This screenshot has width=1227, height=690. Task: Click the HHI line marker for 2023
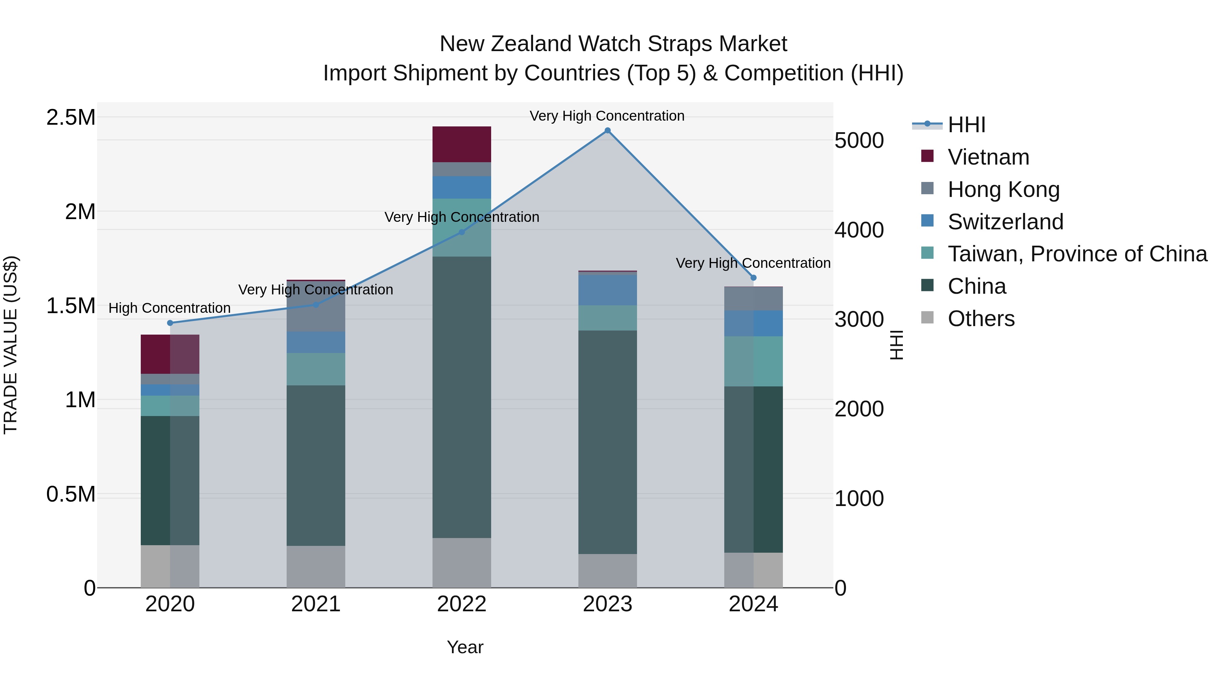[x=607, y=131]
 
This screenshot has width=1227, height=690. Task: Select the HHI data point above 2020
[x=170, y=323]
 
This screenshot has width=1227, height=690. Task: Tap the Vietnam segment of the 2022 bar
[x=461, y=144]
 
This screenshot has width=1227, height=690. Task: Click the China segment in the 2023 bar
[x=607, y=442]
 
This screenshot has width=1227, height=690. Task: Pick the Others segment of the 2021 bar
[x=316, y=566]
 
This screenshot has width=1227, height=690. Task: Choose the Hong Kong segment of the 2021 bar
[x=316, y=306]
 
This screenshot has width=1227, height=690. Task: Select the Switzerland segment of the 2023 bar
[x=607, y=290]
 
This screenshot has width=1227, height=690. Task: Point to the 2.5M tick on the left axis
[x=71, y=118]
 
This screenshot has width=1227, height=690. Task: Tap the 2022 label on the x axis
[x=461, y=604]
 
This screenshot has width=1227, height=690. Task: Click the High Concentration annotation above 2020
[x=170, y=308]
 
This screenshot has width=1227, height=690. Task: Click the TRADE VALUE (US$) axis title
[x=11, y=345]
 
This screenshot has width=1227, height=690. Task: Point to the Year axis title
[x=465, y=647]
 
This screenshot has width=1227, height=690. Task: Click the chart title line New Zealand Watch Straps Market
[x=613, y=44]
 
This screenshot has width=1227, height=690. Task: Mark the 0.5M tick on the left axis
[x=71, y=495]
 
